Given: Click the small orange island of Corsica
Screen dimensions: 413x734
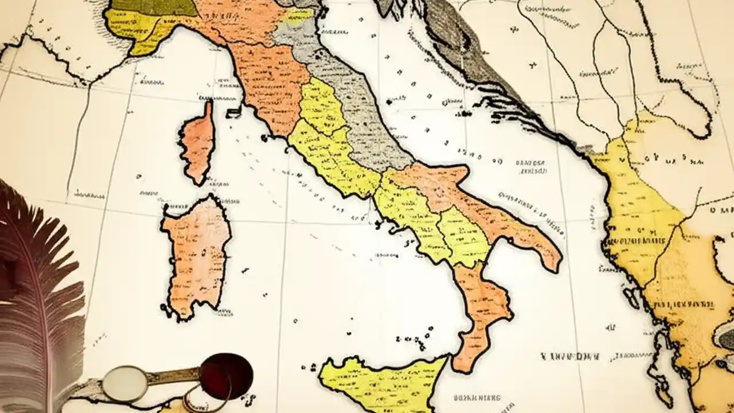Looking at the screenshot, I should (x=198, y=143).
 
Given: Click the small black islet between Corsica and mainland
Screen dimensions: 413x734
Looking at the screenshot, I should (x=233, y=111).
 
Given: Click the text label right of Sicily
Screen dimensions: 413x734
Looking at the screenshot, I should (x=476, y=397).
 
